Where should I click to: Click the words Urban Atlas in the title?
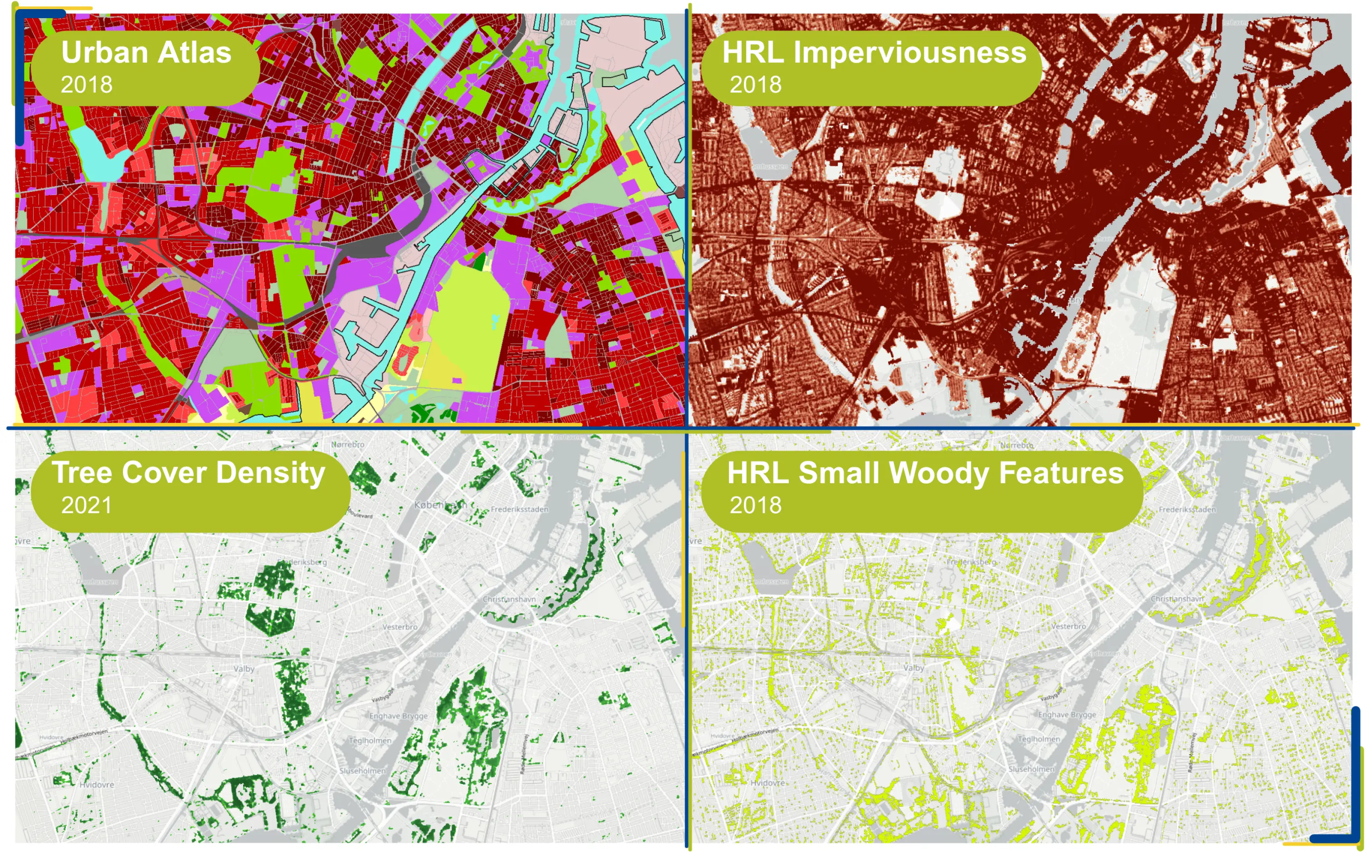click(146, 52)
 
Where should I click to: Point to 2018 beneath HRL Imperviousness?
click(755, 84)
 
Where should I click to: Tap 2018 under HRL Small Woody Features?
click(755, 505)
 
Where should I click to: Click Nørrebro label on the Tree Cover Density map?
click(347, 445)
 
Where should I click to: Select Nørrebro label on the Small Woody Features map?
click(1016, 445)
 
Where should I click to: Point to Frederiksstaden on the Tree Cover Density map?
click(519, 509)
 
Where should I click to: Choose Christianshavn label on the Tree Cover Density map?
click(509, 599)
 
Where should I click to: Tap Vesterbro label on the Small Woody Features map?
click(1068, 626)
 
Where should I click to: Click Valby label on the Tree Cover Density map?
click(244, 669)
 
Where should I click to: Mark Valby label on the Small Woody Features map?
click(913, 668)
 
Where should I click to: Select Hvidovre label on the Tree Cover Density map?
click(96, 784)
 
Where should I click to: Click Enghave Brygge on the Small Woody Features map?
click(1067, 714)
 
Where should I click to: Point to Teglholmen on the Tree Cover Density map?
click(369, 740)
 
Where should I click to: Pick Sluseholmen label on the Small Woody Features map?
click(1031, 769)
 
